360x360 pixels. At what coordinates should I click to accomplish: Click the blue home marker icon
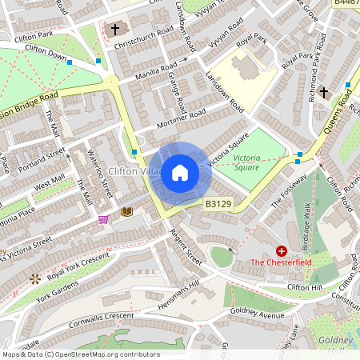pyautogui.click(x=180, y=173)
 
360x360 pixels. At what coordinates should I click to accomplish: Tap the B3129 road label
pyautogui.click(x=218, y=205)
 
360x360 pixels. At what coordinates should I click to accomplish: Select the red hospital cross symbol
pyautogui.click(x=281, y=250)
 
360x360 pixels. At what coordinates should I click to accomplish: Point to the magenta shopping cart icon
pyautogui.click(x=103, y=219)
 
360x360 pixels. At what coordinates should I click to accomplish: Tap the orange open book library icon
pyautogui.click(x=126, y=212)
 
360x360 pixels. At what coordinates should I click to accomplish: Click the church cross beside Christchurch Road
pyautogui.click(x=115, y=30)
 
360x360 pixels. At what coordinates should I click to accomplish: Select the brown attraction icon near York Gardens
pyautogui.click(x=34, y=278)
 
